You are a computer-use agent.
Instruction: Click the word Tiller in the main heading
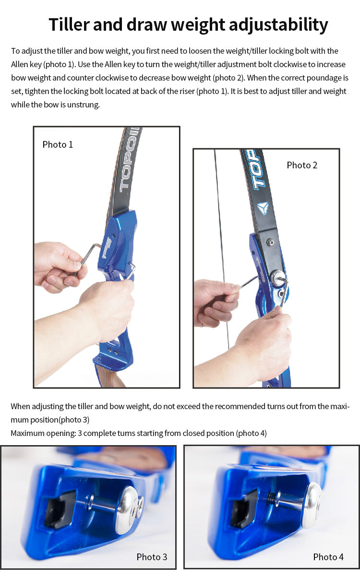coord(69,24)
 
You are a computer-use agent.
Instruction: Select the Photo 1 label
coord(58,144)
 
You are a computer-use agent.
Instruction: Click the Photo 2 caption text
coord(302,165)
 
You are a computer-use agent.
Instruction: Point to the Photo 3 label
coord(152,557)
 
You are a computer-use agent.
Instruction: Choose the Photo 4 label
coord(328,557)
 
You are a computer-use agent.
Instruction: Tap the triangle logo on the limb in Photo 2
coord(263,208)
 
